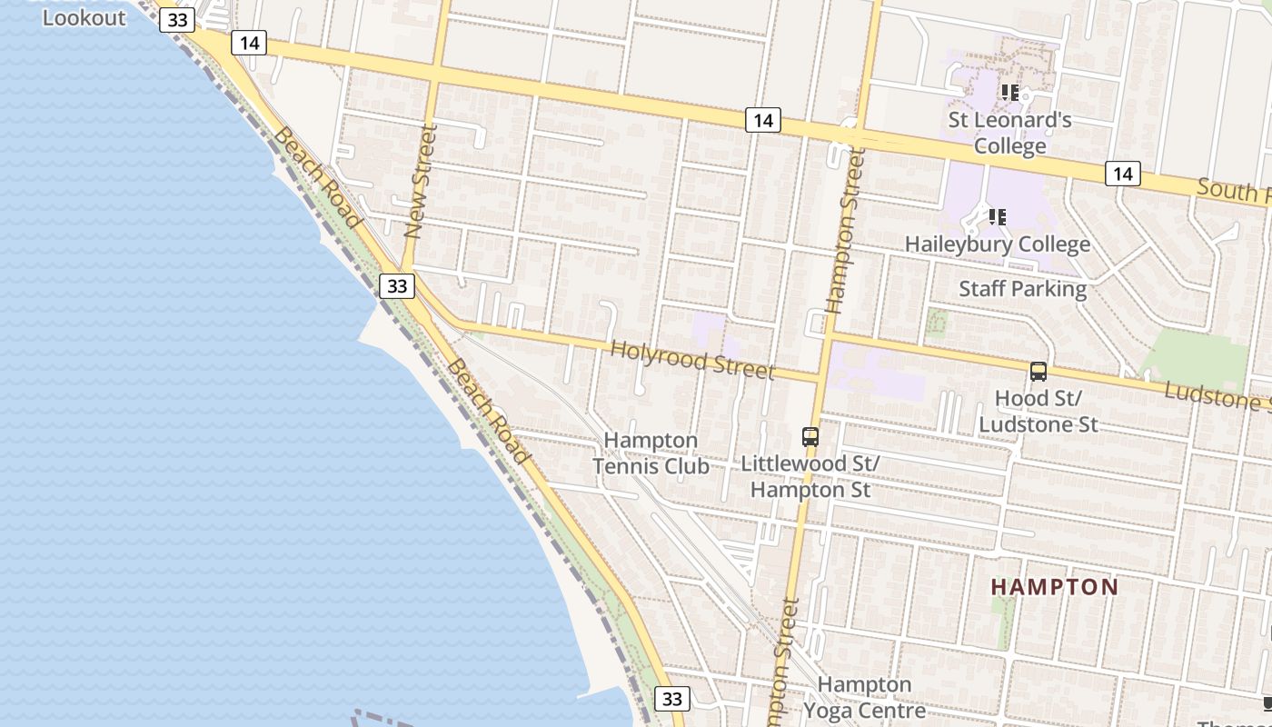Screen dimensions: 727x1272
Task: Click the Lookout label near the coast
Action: (x=84, y=17)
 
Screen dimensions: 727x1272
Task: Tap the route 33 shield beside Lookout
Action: (x=176, y=20)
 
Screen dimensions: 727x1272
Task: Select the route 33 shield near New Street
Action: (x=397, y=286)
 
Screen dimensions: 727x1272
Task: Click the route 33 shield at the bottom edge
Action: (x=671, y=699)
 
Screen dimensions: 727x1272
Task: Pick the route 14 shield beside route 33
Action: (x=248, y=42)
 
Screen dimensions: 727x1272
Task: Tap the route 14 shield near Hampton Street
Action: (x=763, y=119)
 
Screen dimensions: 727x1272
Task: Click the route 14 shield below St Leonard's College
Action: (x=1123, y=173)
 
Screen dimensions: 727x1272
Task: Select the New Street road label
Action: (x=420, y=182)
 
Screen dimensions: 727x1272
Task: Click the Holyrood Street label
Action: (x=692, y=360)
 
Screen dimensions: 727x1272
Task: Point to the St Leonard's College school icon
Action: (x=1009, y=92)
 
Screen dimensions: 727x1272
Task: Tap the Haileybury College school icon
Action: (x=998, y=216)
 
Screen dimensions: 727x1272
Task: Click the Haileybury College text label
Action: (x=998, y=244)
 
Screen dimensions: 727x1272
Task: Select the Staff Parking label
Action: (x=1023, y=289)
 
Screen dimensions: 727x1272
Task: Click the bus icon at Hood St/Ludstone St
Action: (x=1038, y=371)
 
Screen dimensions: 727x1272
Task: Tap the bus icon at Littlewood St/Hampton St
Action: (x=810, y=436)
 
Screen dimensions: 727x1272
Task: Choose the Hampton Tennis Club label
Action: (x=651, y=453)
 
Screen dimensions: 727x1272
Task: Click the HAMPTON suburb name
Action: (x=1055, y=587)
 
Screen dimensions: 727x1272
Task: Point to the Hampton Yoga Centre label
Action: (x=864, y=697)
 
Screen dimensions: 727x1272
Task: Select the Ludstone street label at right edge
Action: (x=1217, y=396)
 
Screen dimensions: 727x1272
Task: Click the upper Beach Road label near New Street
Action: (x=318, y=177)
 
